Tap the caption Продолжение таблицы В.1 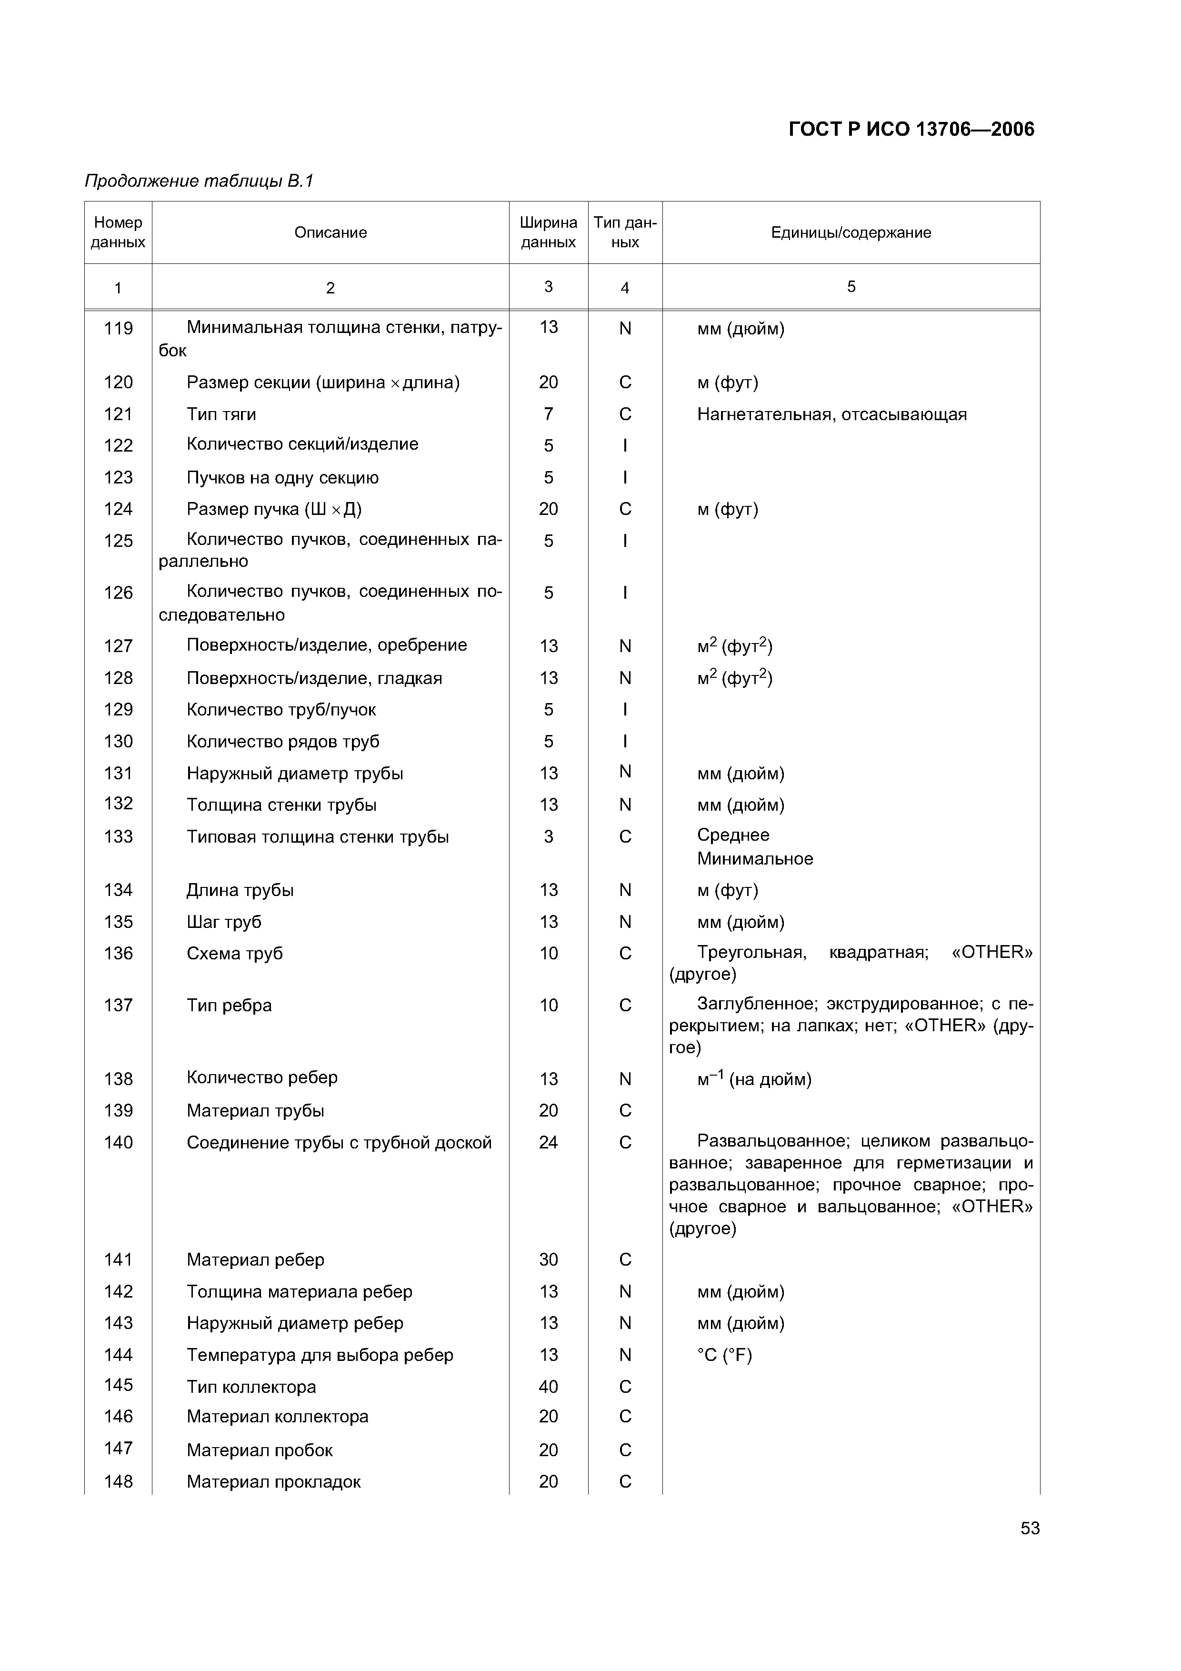pos(199,181)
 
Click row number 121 pos(118,414)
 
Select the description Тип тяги pos(221,414)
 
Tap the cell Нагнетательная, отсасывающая pos(832,414)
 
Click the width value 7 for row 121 pos(548,414)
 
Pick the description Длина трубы pos(240,890)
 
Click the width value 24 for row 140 pos(548,1142)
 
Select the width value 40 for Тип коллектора pos(548,1387)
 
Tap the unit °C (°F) pos(724,1354)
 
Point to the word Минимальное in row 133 pos(755,859)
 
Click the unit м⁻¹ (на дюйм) pos(754,1078)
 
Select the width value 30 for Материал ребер pos(548,1259)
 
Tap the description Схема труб pos(234,954)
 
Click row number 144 pos(118,1354)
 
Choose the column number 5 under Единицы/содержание pos(851,287)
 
